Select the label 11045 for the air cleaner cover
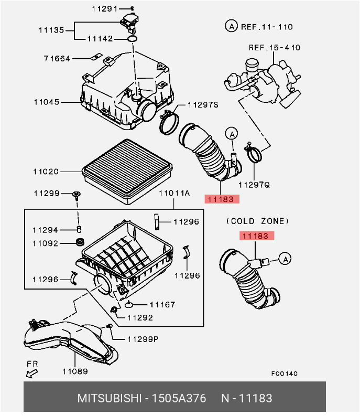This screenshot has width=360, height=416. (47, 102)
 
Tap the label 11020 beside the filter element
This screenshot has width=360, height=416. (47, 172)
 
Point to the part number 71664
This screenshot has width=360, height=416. (57, 58)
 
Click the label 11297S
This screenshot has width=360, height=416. (203, 105)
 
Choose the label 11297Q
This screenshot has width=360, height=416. (254, 185)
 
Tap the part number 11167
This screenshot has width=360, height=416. (162, 304)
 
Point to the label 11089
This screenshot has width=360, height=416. (75, 372)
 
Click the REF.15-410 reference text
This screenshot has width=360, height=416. (274, 48)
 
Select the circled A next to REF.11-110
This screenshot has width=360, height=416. (230, 26)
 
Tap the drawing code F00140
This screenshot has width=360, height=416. (284, 374)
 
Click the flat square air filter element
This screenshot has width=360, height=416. (127, 169)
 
